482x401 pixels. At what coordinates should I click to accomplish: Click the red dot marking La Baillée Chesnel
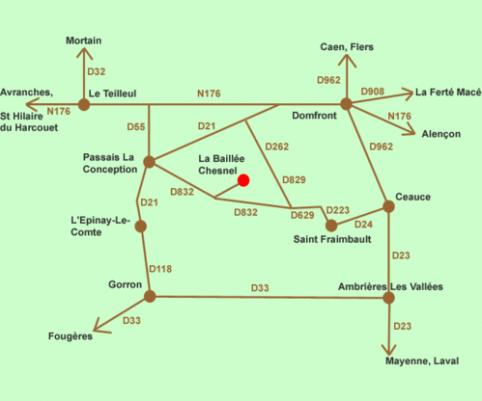pyautogui.click(x=243, y=180)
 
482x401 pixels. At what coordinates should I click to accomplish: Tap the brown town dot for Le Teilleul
pyautogui.click(x=84, y=105)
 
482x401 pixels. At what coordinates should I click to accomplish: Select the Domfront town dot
pyautogui.click(x=346, y=104)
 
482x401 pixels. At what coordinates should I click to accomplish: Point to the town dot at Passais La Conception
pyautogui.click(x=149, y=162)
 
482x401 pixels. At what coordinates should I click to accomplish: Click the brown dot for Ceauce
pyautogui.click(x=388, y=206)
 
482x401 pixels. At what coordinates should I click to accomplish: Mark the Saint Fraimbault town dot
pyautogui.click(x=331, y=226)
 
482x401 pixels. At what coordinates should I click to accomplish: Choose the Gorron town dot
pyautogui.click(x=150, y=296)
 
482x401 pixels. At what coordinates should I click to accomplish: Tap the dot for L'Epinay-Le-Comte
pyautogui.click(x=141, y=227)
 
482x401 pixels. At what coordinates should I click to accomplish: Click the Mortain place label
pyautogui.click(x=84, y=40)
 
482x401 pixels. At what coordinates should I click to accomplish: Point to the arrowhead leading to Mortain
pyautogui.click(x=84, y=53)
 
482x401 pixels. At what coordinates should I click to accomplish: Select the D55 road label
pyautogui.click(x=136, y=126)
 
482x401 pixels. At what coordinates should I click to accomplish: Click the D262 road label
pyautogui.click(x=277, y=147)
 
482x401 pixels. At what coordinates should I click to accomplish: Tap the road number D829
pyautogui.click(x=294, y=179)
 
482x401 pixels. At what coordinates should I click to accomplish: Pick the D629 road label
pyautogui.click(x=302, y=215)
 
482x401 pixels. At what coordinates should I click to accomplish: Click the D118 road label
pyautogui.click(x=160, y=269)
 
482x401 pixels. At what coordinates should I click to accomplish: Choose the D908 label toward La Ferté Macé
pyautogui.click(x=373, y=92)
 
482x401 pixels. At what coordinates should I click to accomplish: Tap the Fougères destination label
pyautogui.click(x=71, y=336)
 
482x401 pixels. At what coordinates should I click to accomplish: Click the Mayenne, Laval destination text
pyautogui.click(x=422, y=361)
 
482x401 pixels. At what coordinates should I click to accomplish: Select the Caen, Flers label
pyautogui.click(x=347, y=47)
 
